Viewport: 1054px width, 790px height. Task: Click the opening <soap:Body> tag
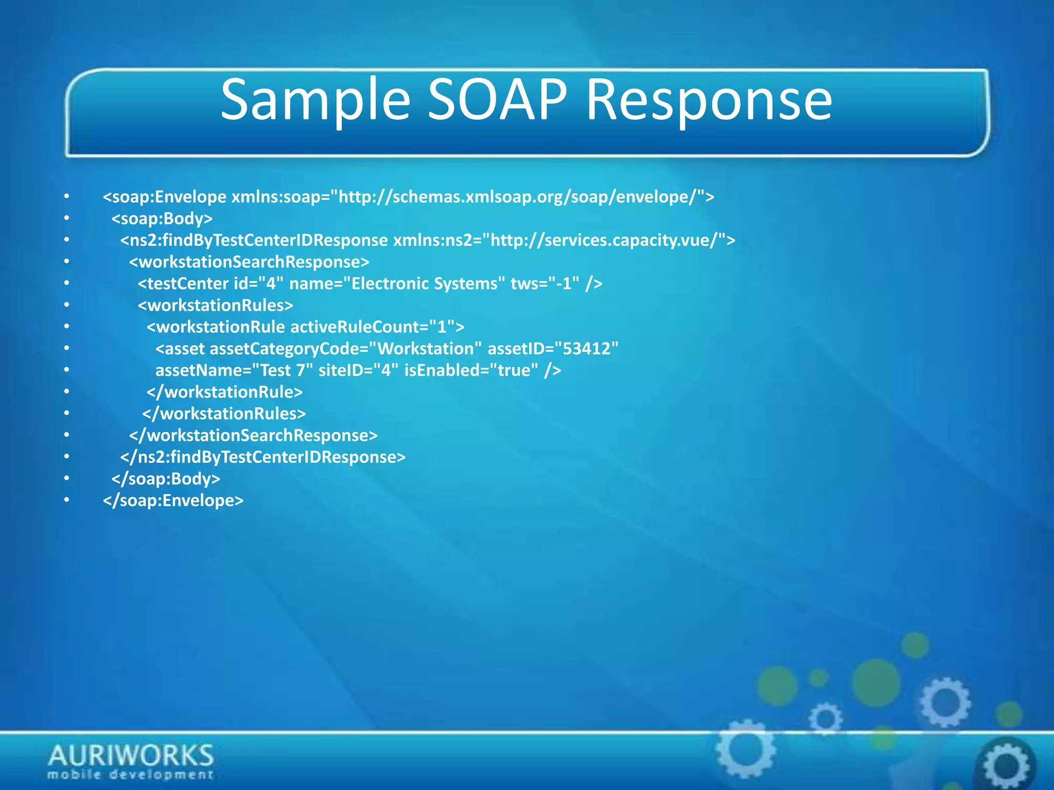(x=162, y=219)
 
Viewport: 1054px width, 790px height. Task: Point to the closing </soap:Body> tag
(x=166, y=479)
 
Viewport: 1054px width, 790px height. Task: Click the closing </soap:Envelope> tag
(x=173, y=500)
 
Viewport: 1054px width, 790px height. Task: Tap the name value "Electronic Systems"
(x=425, y=284)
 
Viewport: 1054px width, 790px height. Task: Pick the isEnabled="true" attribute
(x=471, y=370)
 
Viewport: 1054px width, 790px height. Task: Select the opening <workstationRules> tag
(x=215, y=306)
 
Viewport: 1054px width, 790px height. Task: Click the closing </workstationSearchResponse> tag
(x=253, y=436)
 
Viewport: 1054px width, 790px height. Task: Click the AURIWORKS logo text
(x=131, y=756)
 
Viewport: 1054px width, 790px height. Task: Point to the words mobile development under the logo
(x=131, y=775)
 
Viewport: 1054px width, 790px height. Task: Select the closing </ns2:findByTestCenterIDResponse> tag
(x=262, y=457)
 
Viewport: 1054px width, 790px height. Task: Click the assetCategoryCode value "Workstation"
(x=426, y=349)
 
